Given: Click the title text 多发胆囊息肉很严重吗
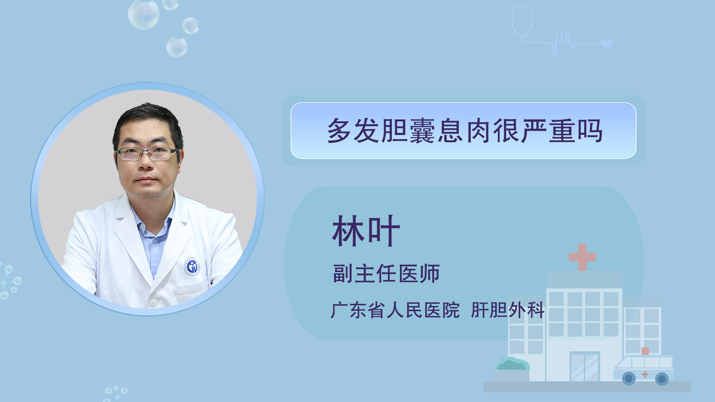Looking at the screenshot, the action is [464, 131].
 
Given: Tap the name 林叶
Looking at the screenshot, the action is [366, 231].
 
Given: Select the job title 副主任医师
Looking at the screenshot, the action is [386, 274].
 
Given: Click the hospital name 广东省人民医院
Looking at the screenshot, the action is [395, 310].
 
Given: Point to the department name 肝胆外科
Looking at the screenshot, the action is [508, 310].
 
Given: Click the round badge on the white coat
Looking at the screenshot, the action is [192, 267].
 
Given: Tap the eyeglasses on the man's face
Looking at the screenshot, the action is [147, 153].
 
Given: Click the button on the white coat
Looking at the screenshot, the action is [153, 303].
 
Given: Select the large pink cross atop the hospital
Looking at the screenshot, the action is [582, 257].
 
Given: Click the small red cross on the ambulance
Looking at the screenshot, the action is [645, 374].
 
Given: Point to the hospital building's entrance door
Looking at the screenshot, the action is [585, 367].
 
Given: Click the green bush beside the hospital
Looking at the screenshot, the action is [512, 364].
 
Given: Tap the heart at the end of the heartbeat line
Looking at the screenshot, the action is [607, 44].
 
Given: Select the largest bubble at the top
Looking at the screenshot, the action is [144, 14].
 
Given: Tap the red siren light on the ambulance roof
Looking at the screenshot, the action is [645, 351].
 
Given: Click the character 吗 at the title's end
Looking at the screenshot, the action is [590, 131].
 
